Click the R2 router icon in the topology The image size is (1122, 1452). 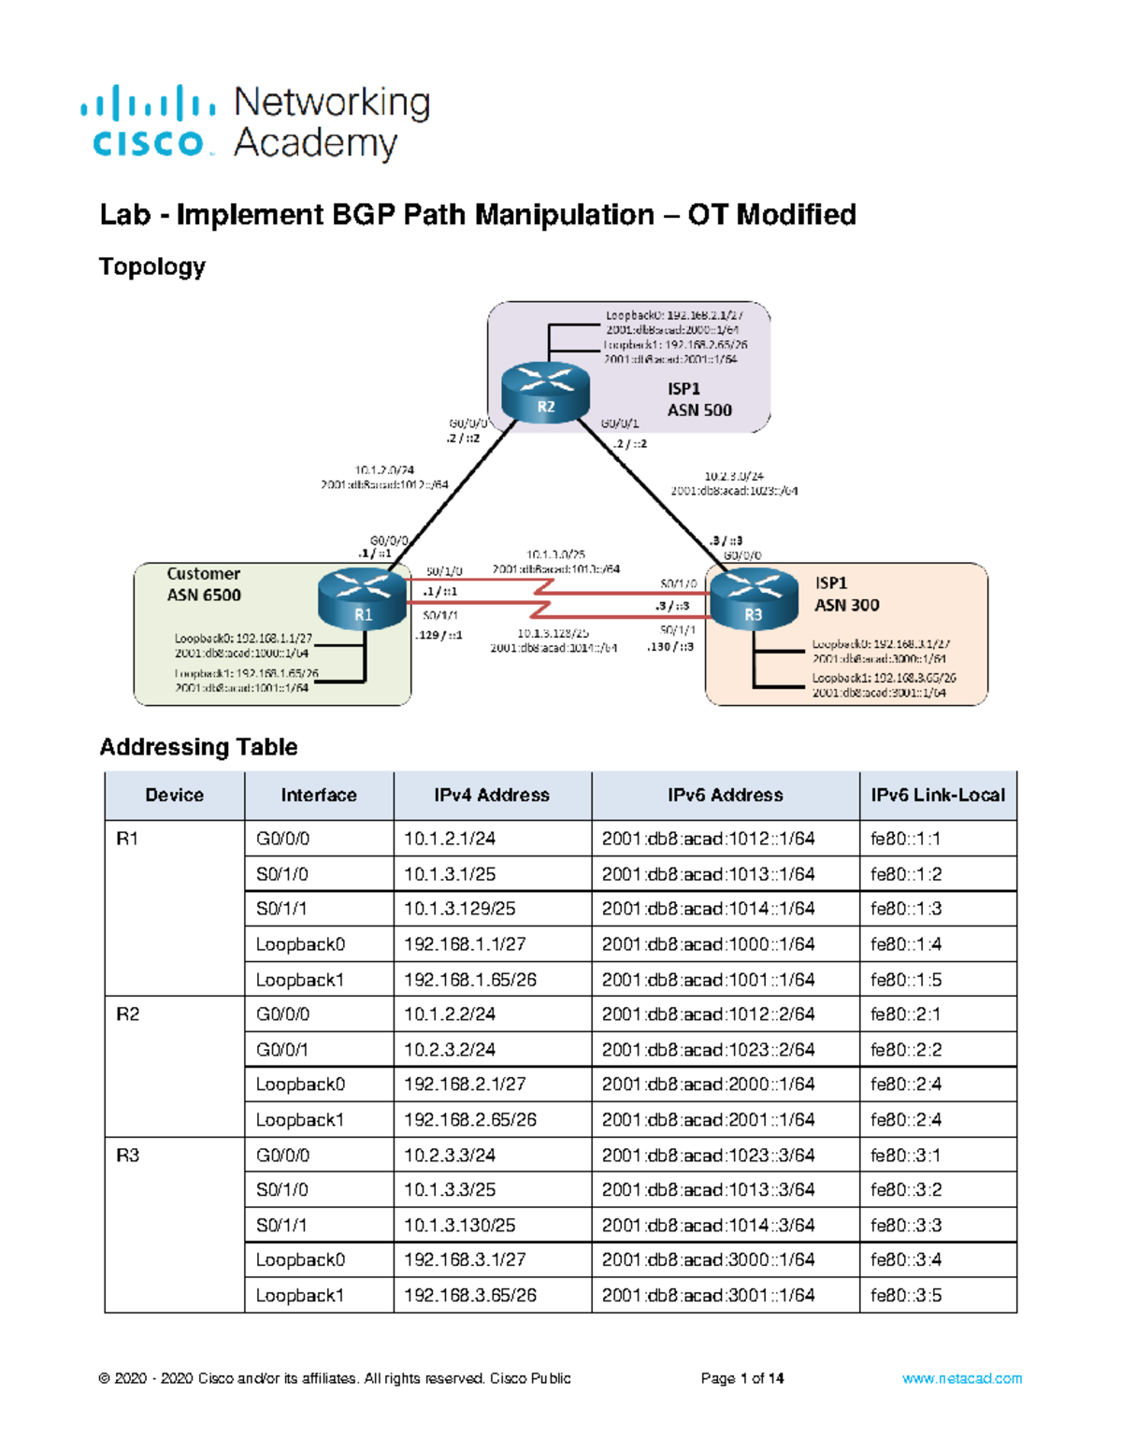545,393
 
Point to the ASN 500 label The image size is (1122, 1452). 699,410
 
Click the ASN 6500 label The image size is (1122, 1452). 204,595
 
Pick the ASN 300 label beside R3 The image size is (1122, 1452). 846,605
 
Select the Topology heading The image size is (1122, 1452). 152,266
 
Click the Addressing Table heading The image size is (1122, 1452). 198,746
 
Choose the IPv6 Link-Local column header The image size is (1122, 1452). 938,795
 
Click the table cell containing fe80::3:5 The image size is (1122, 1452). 905,1295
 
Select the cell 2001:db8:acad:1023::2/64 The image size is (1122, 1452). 708,1049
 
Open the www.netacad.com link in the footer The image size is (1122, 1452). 961,1378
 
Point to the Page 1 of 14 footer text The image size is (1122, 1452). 741,1378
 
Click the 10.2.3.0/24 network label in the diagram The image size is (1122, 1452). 733,476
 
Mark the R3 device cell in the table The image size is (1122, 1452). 128,1155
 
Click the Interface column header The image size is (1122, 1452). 318,795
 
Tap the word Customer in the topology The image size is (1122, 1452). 203,573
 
